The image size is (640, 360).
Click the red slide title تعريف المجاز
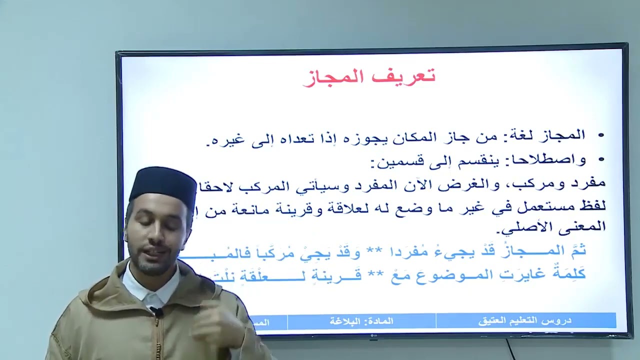[x=369, y=76]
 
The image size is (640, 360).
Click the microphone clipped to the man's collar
[x=156, y=312]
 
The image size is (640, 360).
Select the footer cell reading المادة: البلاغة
[x=361, y=321]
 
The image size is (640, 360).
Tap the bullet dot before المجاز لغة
[x=600, y=135]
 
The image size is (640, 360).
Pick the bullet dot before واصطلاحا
[x=600, y=160]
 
